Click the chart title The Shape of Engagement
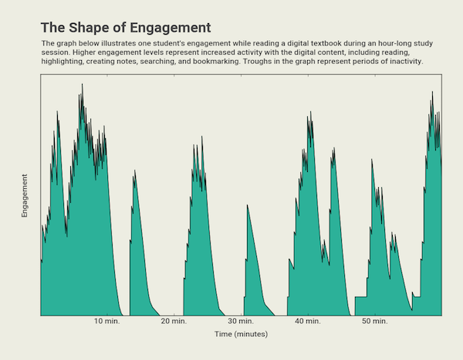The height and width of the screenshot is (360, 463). click(x=125, y=28)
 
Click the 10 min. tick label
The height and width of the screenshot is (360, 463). click(x=107, y=321)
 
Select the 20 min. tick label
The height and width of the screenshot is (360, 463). click(x=174, y=321)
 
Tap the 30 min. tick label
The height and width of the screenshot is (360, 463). click(x=241, y=321)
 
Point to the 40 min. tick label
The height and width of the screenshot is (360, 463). click(x=308, y=321)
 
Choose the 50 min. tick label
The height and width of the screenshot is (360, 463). click(x=375, y=321)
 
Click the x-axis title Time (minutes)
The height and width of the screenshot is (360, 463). click(x=241, y=335)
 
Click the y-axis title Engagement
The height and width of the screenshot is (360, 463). click(x=25, y=195)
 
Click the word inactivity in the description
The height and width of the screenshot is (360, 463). click(x=404, y=61)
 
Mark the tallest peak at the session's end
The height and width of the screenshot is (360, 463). click(x=432, y=92)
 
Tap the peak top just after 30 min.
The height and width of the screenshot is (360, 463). click(x=247, y=205)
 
